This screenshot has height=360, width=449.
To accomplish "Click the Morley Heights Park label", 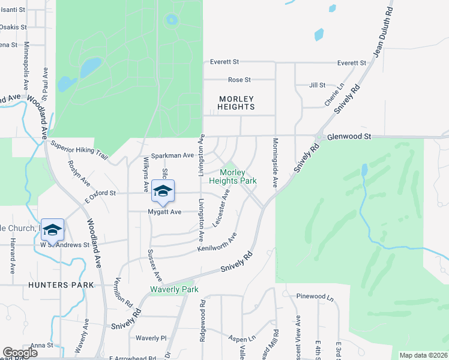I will click(x=233, y=176).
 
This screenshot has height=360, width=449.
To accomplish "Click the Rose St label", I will click(x=239, y=80).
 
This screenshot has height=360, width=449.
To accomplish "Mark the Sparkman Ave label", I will click(x=172, y=155).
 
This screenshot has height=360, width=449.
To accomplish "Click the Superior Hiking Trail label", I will click(x=79, y=151).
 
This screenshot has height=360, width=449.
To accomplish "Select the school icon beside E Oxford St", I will click(x=162, y=191).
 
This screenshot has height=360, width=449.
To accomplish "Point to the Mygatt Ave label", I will click(x=164, y=212).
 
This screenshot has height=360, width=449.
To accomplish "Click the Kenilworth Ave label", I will click(x=217, y=242).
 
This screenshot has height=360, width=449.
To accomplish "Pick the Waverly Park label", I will click(x=173, y=289).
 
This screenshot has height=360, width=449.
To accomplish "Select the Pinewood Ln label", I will click(x=315, y=296).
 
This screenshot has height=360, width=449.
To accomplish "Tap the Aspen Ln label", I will click(x=242, y=338).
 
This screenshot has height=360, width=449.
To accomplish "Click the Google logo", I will click(x=20, y=353).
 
